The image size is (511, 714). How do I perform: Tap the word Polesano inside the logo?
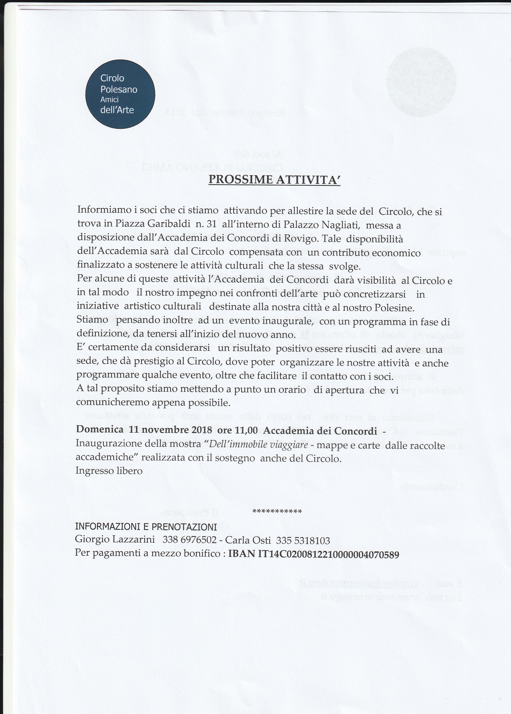119,90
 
